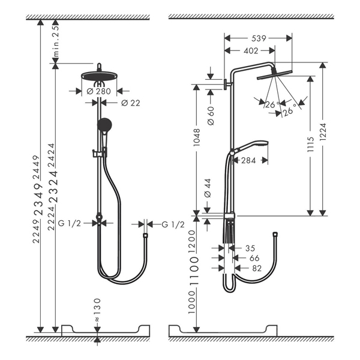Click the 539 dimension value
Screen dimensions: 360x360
coord(259,38)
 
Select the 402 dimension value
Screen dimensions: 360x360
coord(251,51)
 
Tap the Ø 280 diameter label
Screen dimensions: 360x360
coord(99,91)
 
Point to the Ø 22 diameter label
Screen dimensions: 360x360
coord(130,103)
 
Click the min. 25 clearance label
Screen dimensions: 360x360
coord(56,41)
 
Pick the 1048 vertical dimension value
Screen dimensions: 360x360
coord(197,137)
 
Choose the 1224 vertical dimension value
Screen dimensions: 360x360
coord(323,132)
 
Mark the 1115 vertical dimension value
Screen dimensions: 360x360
coord(310,144)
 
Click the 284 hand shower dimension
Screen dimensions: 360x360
coord(248,160)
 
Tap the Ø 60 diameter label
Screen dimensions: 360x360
coord(211,116)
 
